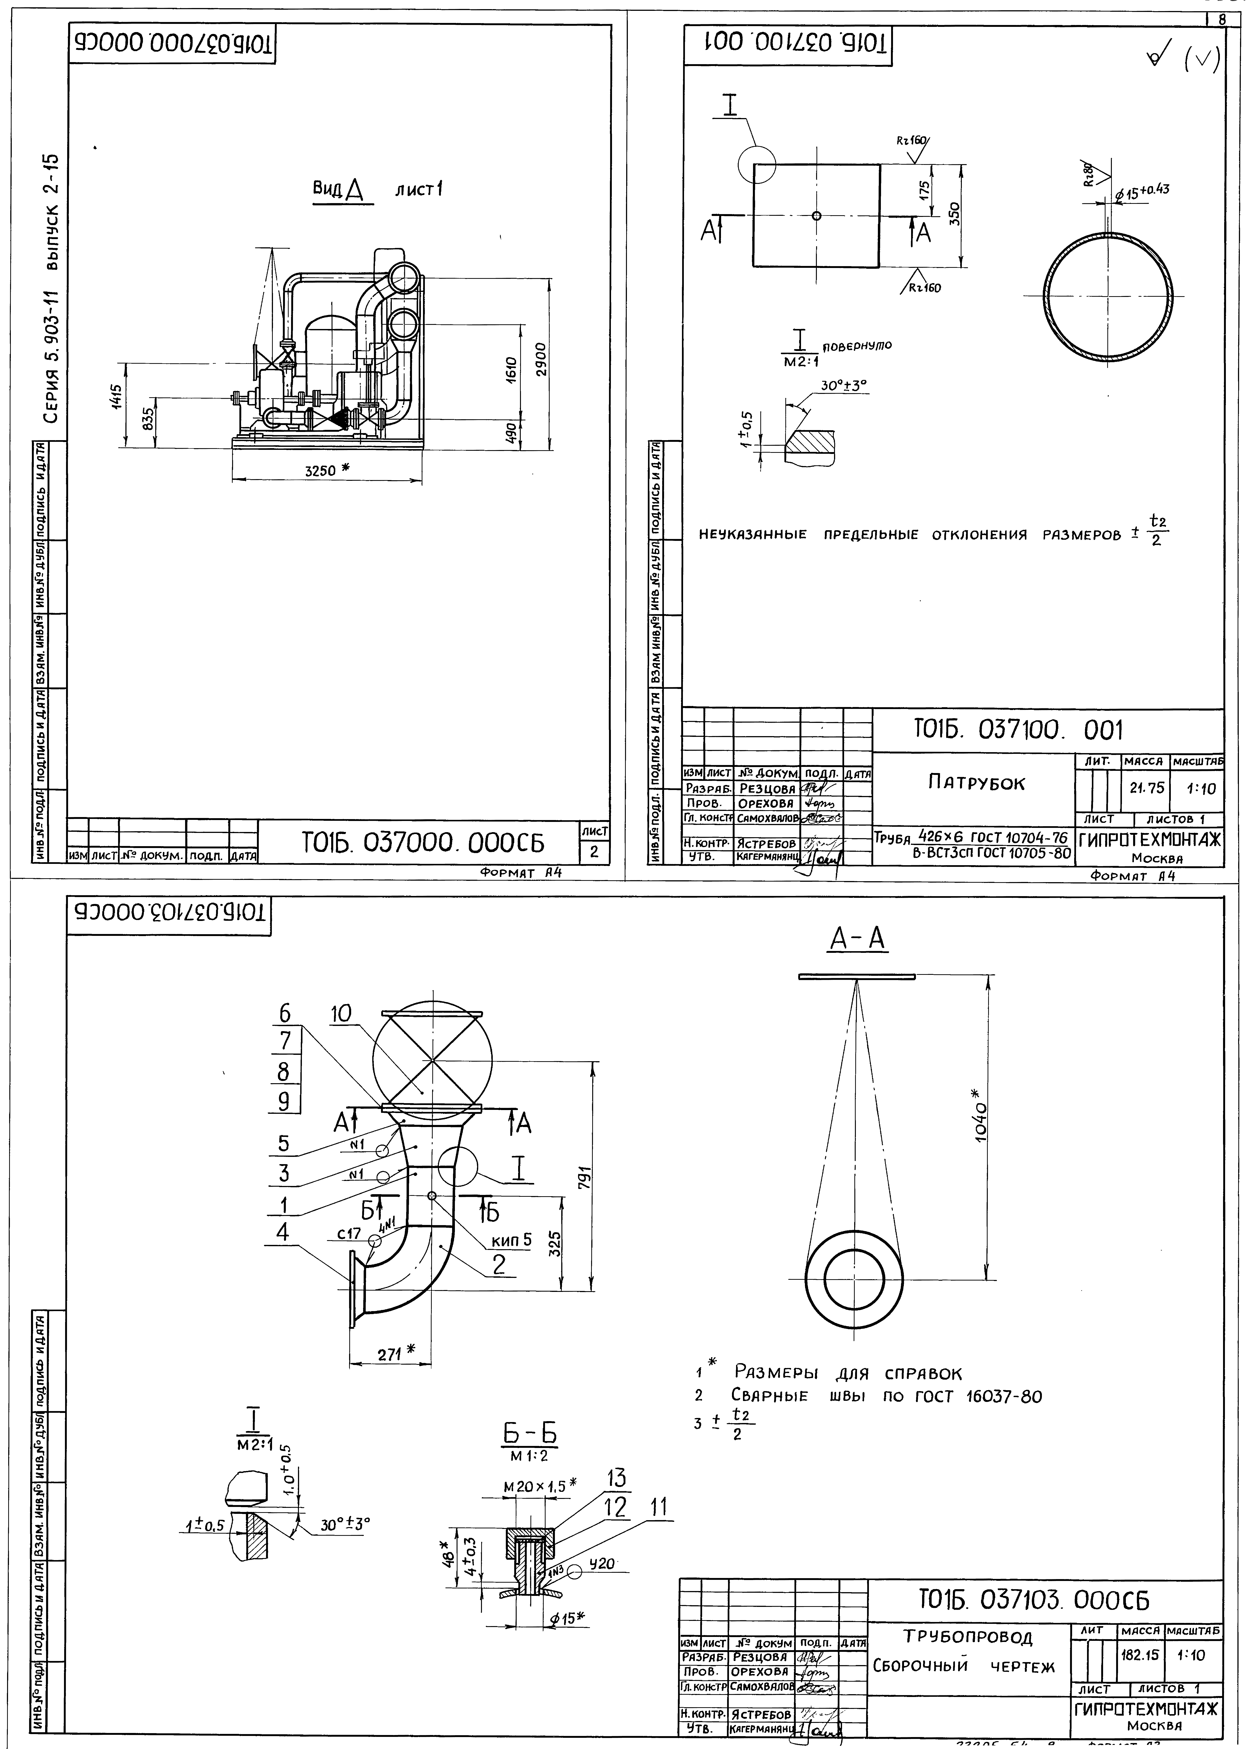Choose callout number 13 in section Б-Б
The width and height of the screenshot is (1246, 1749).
(616, 1477)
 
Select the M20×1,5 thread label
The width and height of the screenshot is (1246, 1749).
(535, 1485)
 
